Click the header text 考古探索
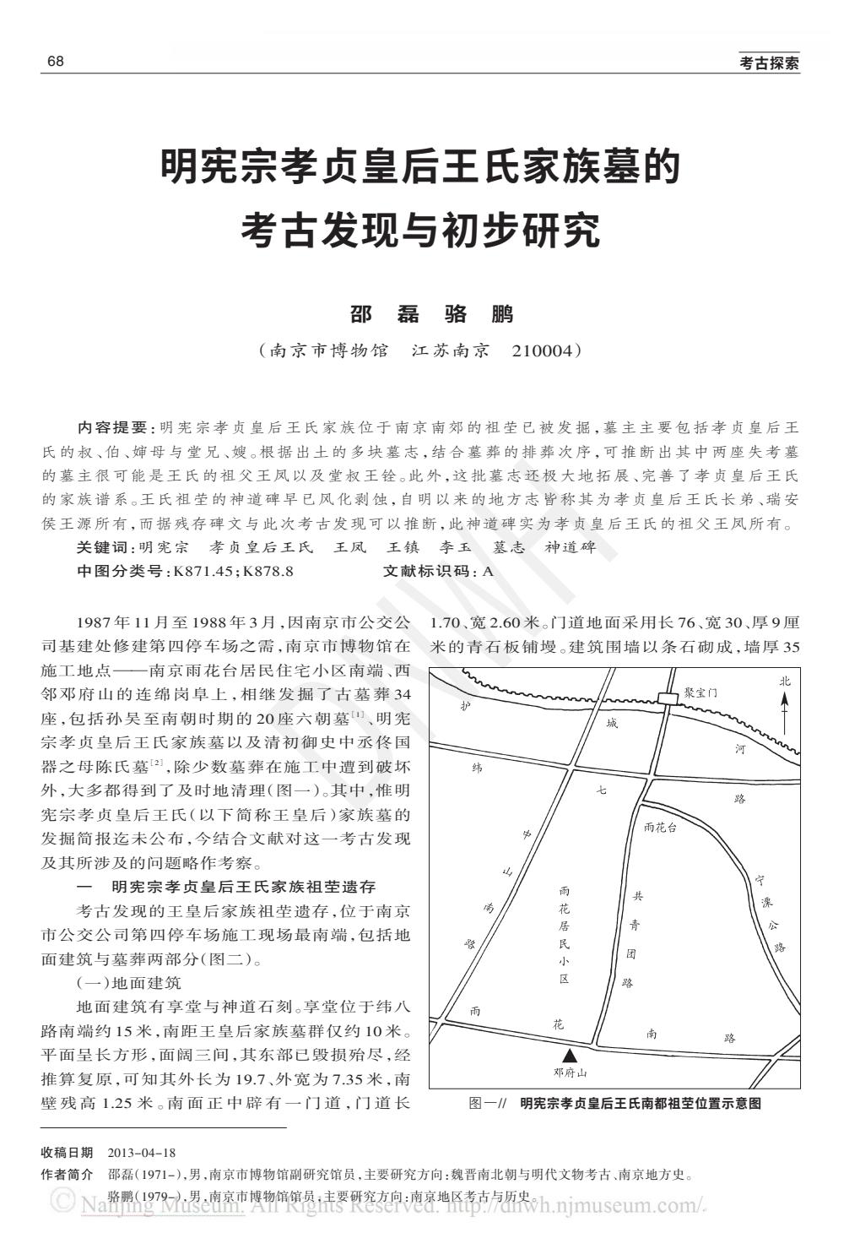[x=769, y=63]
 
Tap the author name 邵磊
[x=385, y=314]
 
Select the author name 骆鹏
[x=479, y=314]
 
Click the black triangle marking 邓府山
[x=571, y=1055]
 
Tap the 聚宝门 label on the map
[x=700, y=691]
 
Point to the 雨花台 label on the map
[x=660, y=828]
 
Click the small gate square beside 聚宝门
[x=668, y=698]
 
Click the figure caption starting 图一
[x=615, y=1103]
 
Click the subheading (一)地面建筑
[x=128, y=983]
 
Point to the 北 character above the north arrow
[x=785, y=682]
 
